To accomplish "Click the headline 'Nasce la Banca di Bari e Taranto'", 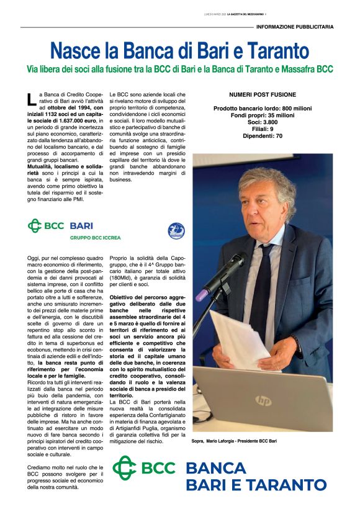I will (x=179, y=50).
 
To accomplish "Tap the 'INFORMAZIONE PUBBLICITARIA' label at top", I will (x=295, y=27).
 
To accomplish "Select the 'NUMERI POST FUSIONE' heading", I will (x=262, y=95).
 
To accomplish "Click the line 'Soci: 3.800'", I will (x=262, y=122).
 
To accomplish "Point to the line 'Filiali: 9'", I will (x=262, y=129).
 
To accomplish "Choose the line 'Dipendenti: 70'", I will (x=262, y=136).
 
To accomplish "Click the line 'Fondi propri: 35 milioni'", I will (x=262, y=115).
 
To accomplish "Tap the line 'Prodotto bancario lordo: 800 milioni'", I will (x=262, y=109).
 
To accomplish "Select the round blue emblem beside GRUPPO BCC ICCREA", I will (x=176, y=231).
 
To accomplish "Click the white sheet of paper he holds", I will (x=239, y=338).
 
